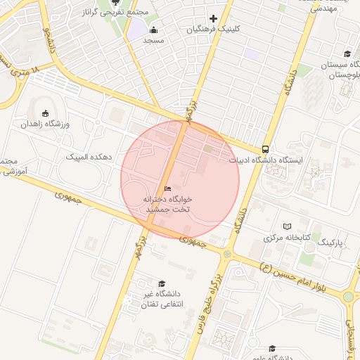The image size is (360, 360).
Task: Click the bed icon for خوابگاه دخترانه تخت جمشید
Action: pos(167,188)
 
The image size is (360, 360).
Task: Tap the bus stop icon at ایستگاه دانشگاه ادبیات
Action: pos(265,149)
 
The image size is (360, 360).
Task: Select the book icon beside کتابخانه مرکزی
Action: pos(286,226)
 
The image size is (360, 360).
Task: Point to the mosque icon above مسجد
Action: pos(154,30)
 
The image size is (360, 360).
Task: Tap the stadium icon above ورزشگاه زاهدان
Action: pos(46,113)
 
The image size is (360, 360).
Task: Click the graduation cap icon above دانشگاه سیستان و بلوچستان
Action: pos(347,54)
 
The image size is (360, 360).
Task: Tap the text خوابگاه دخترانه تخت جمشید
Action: pos(168,205)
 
